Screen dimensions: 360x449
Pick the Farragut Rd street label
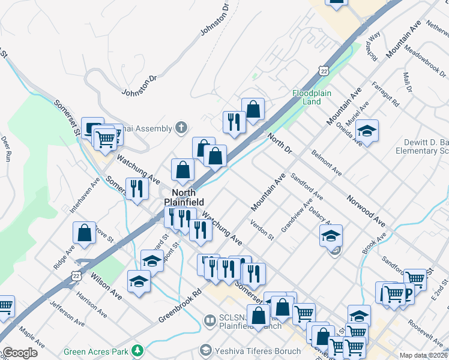click(x=385, y=94)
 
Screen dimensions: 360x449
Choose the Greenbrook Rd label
click(x=179, y=307)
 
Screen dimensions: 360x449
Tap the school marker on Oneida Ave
click(x=366, y=130)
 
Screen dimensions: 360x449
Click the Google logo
click(x=20, y=353)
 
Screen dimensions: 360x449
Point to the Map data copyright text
click(x=424, y=355)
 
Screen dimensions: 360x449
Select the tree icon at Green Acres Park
click(x=138, y=350)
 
